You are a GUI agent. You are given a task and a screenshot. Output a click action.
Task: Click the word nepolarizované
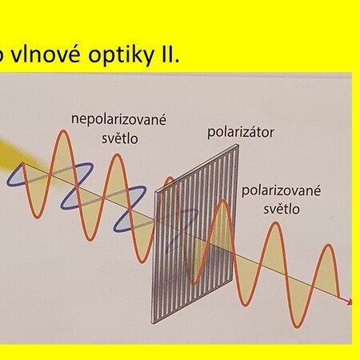(x=118, y=119)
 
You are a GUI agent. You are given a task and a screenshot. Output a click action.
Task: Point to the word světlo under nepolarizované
(x=120, y=138)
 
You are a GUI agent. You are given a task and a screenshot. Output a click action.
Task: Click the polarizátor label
(x=241, y=133)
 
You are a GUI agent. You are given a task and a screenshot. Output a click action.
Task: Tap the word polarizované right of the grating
(x=282, y=191)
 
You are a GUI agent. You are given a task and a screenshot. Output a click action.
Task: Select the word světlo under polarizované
(x=282, y=209)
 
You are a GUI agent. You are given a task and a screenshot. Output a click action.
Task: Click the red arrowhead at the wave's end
(x=349, y=302)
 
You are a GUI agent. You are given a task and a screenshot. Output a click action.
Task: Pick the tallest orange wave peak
(x=63, y=131)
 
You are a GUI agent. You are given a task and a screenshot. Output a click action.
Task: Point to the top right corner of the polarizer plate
(x=238, y=145)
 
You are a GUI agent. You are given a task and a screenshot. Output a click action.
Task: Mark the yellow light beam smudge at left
(x=16, y=154)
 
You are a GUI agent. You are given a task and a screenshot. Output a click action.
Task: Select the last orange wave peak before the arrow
(x=330, y=246)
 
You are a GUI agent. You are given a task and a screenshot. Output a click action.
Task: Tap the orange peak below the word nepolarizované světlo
(x=117, y=155)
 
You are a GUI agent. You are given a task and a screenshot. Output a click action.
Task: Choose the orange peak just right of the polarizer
(x=223, y=202)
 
